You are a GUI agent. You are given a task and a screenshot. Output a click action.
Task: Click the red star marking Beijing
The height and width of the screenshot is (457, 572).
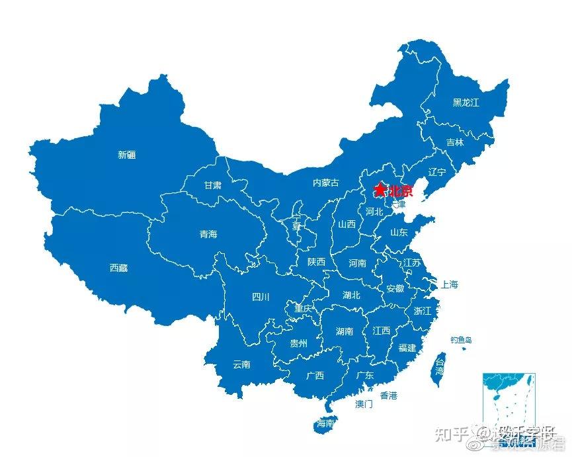click(x=380, y=190)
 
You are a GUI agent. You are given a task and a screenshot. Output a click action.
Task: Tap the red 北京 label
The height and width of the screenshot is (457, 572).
click(x=401, y=192)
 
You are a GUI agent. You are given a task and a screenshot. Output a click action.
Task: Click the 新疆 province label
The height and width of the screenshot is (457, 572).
click(x=127, y=155)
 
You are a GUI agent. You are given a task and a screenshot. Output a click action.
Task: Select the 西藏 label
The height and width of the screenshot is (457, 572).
click(x=118, y=268)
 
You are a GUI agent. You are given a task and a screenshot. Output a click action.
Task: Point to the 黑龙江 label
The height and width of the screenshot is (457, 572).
click(x=466, y=103)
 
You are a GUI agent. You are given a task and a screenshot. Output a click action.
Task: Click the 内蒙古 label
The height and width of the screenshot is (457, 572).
click(x=325, y=183)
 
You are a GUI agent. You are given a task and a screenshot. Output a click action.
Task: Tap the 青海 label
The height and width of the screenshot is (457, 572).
click(x=208, y=234)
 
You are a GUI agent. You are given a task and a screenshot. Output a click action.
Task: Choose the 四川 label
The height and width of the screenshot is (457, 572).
click(x=261, y=297)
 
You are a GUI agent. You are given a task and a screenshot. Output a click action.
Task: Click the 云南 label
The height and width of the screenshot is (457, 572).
click(x=241, y=364)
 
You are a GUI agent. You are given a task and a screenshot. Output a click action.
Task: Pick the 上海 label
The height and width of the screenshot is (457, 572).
click(x=450, y=284)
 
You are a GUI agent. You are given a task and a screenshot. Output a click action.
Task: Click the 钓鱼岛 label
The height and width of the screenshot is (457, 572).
click(x=462, y=340)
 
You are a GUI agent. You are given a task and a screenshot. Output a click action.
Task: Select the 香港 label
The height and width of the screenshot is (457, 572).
click(x=388, y=395)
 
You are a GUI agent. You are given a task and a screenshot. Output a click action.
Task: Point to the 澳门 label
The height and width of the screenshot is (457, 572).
click(x=364, y=403)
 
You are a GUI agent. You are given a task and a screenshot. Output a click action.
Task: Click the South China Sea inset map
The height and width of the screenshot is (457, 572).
click(x=509, y=401)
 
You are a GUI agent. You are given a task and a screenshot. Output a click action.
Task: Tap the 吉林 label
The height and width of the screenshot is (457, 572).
click(x=455, y=142)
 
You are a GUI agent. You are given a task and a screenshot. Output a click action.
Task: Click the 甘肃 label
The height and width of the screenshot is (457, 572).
click(x=212, y=185)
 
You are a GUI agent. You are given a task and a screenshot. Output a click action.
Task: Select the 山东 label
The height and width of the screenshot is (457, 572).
click(x=398, y=232)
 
